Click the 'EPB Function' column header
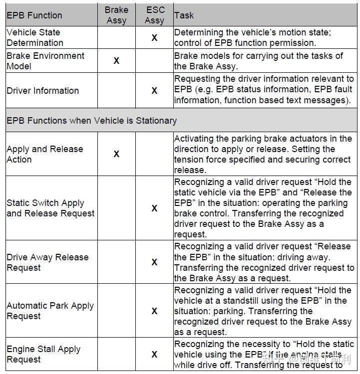[33, 15]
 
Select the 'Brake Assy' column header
[116, 15]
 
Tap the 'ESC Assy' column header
[154, 15]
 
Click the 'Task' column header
[184, 15]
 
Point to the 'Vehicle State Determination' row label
[35, 37]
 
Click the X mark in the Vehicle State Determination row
[154, 38]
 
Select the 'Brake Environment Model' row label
[45, 61]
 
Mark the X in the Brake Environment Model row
[116, 61]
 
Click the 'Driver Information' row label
[42, 91]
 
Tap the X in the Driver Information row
[154, 91]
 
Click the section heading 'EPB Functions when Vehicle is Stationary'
[91, 121]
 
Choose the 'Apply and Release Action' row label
[44, 154]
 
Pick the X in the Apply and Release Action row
[116, 154]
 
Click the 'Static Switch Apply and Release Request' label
[50, 208]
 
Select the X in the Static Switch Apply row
[154, 208]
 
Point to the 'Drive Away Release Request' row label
[47, 262]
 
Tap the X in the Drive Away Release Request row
[154, 262]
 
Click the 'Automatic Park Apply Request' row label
[50, 311]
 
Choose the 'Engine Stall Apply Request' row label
[43, 354]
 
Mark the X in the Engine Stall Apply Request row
[154, 354]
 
